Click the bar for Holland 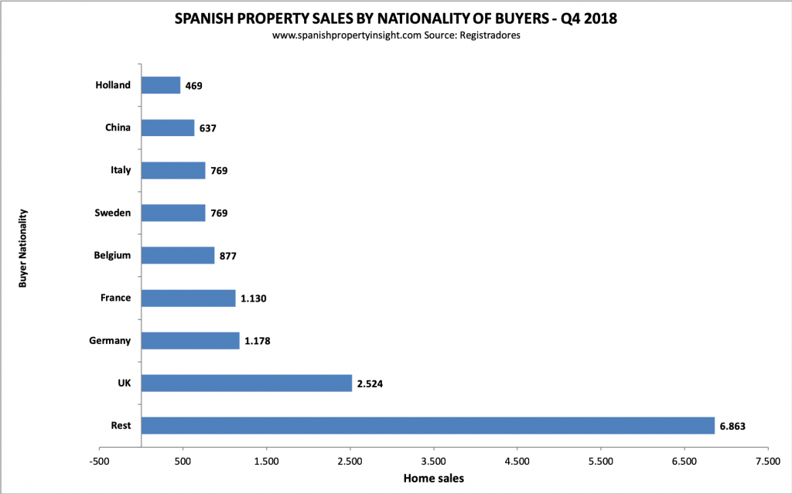[x=161, y=85]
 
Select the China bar [x=168, y=128]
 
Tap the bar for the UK [x=247, y=383]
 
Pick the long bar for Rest [x=428, y=425]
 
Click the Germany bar [x=190, y=340]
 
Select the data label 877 [x=229, y=256]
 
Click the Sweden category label [x=113, y=213]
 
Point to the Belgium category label [x=111, y=255]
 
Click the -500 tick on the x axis [x=99, y=461]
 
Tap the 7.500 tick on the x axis [x=767, y=461]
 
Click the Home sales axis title [x=433, y=479]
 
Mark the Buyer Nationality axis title [x=23, y=247]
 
